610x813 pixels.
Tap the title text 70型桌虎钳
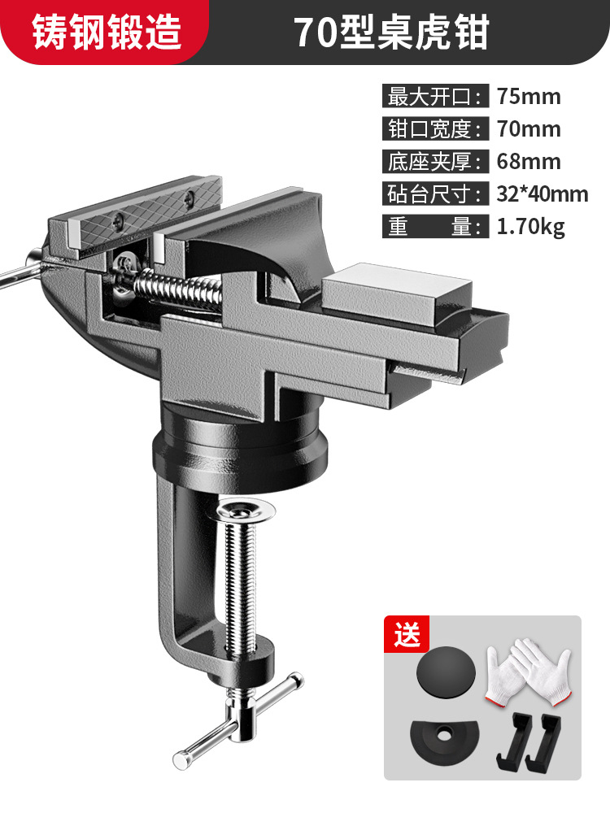point(392,33)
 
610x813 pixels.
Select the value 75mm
point(529,97)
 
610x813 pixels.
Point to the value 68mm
point(529,161)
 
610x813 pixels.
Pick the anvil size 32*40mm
point(542,194)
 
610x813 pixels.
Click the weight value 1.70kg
point(530,227)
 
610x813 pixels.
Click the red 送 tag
point(407,633)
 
